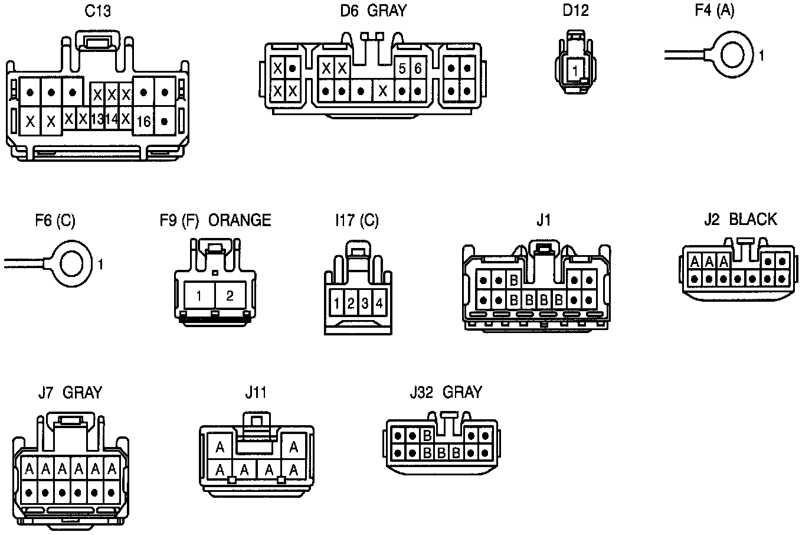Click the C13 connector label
(x=98, y=11)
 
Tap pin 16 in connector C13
(x=143, y=122)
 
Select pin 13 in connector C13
(x=97, y=119)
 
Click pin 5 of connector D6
(x=402, y=68)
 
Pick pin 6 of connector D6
(x=418, y=68)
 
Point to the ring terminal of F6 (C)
(x=71, y=264)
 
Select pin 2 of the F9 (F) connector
(x=230, y=295)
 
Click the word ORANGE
(x=240, y=220)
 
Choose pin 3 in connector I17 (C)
(x=365, y=304)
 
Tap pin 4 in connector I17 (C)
(x=379, y=304)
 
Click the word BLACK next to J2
(x=753, y=220)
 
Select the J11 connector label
(x=256, y=392)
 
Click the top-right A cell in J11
(x=293, y=447)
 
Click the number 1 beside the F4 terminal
(x=761, y=56)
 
